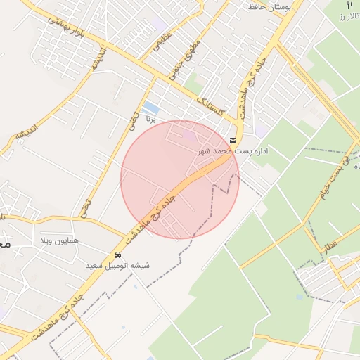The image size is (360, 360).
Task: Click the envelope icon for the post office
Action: click(233, 140)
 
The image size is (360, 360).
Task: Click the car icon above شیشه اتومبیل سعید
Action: click(118, 255)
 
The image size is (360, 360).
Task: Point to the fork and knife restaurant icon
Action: click(349, 6)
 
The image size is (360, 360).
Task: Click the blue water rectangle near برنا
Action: click(150, 108)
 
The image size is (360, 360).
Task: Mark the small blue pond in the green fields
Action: click(300, 297)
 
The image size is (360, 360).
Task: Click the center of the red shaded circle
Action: click(180, 179)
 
